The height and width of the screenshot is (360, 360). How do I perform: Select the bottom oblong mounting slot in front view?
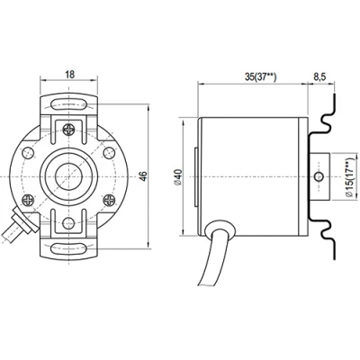[x=69, y=247]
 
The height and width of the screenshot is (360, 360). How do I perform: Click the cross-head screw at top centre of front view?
[x=69, y=130]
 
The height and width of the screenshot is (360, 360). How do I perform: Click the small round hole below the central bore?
[x=69, y=217]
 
